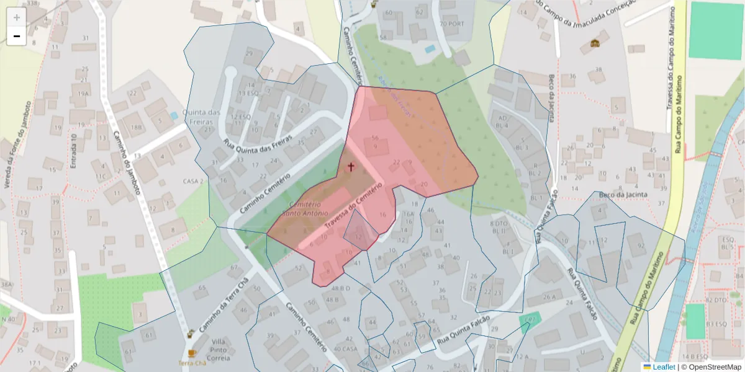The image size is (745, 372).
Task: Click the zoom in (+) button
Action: [x=17, y=17]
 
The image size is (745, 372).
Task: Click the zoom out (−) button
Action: [x=17, y=36]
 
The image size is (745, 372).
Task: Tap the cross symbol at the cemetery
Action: [x=351, y=167]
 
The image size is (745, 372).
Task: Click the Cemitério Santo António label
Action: [x=304, y=209]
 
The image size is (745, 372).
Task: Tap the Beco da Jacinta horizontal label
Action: [x=623, y=195]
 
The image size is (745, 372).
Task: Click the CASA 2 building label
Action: [x=194, y=181]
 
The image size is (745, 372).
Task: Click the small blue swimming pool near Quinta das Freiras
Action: [x=174, y=116]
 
